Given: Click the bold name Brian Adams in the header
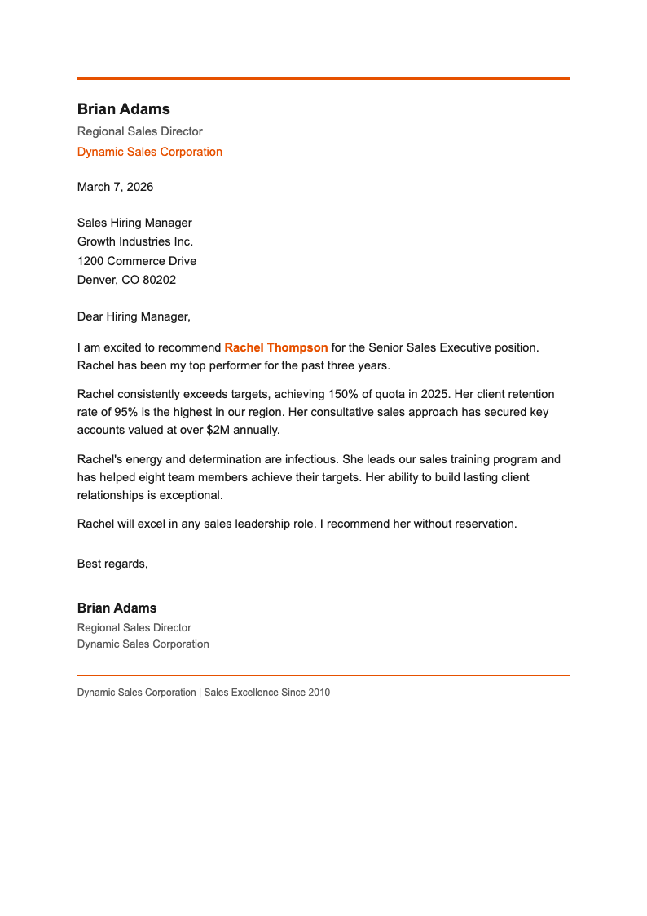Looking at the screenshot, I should point(123,109).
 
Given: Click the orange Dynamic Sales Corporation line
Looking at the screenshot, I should point(149,152).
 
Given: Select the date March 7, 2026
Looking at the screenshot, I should point(115,187).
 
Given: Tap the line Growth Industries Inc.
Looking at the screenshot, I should point(134,241).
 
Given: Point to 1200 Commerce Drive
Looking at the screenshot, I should point(136,261).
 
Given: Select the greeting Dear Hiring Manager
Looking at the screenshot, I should point(133,316).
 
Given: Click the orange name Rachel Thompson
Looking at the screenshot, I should point(275,347).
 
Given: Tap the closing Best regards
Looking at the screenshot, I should point(112,564).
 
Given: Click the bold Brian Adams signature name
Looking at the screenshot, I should point(117,608).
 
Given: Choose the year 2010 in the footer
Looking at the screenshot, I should point(318,693).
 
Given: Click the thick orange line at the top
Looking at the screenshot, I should point(323,78).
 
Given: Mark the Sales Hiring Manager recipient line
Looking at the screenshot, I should point(134,223).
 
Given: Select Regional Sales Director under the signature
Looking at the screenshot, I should point(134,628).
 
